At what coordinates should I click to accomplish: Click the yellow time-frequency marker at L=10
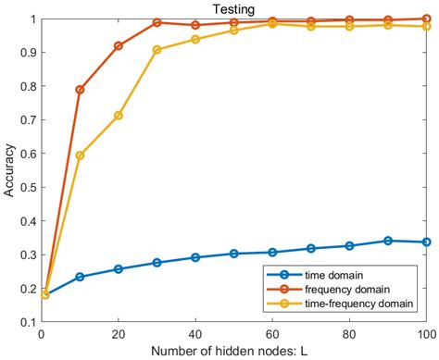click(81, 155)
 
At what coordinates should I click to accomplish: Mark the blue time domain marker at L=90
click(388, 241)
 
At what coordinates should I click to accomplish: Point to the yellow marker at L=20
click(119, 116)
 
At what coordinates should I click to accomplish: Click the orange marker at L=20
click(119, 45)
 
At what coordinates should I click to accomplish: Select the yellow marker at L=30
click(157, 49)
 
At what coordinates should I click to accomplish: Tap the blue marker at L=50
click(234, 254)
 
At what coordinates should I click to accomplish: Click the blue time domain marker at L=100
click(426, 242)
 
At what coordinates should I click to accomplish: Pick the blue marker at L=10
click(81, 277)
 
